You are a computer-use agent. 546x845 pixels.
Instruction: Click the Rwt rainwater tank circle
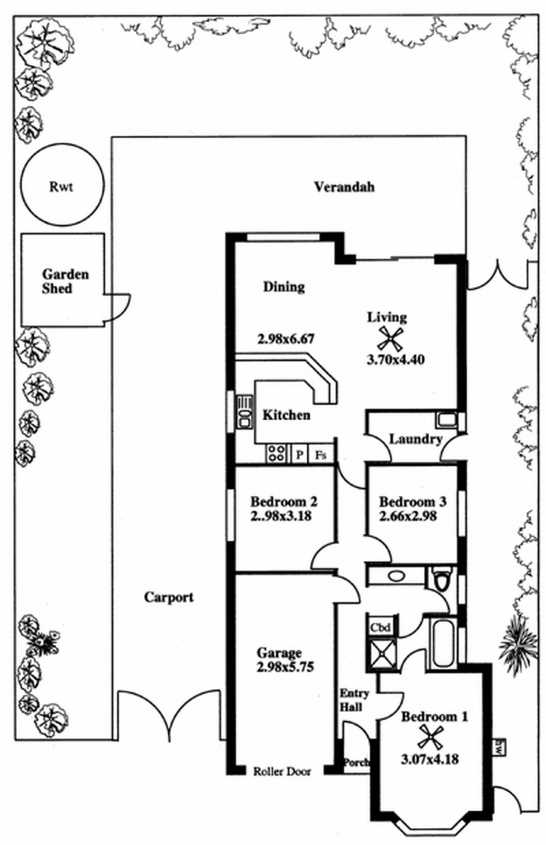[62, 185]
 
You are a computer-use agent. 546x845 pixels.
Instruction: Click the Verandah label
[345, 188]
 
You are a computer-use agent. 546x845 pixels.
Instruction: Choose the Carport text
[169, 597]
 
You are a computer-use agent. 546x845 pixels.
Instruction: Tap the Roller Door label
[282, 771]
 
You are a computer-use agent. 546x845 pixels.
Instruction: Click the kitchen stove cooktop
[276, 453]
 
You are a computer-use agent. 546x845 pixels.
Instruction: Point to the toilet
[441, 580]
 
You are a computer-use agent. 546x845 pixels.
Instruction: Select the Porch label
[356, 762]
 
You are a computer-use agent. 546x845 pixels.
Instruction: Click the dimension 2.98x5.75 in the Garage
[281, 668]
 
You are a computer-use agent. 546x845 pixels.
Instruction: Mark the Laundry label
[415, 439]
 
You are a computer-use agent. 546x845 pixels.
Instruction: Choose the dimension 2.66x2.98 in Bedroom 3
[412, 516]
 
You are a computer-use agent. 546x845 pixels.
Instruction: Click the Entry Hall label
[354, 700]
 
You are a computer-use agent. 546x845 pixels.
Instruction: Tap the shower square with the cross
[381, 654]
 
